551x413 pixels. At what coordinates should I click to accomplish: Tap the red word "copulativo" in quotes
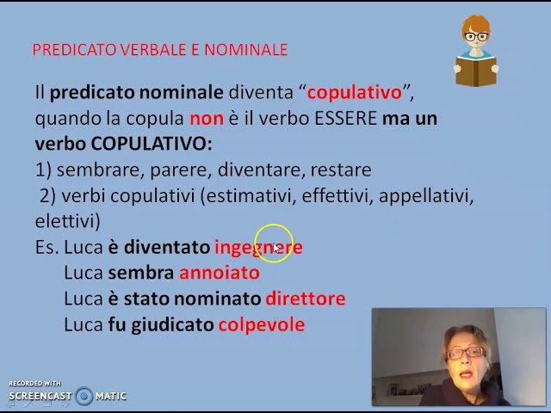(354, 92)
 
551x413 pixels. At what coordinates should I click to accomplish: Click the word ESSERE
(345, 118)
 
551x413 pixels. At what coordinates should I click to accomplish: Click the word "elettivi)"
(68, 221)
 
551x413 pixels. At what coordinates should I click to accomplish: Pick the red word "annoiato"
(219, 273)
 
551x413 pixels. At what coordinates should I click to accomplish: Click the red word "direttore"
(305, 299)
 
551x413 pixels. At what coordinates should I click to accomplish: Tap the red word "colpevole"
(261, 324)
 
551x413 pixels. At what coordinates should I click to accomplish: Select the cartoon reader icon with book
(475, 52)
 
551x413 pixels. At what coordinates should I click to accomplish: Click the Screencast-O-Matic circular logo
(84, 396)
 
